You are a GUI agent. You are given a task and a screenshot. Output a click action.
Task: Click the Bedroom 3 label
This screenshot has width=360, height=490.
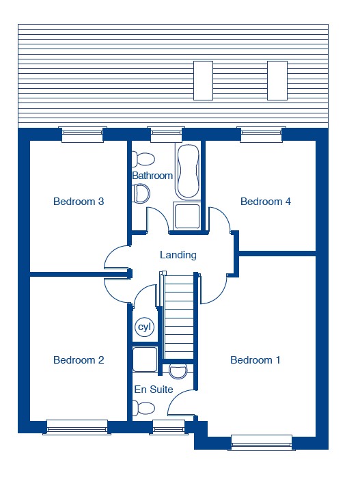pyautogui.click(x=79, y=202)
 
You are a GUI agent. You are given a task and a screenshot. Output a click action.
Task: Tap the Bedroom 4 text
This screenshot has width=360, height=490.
pyautogui.click(x=266, y=202)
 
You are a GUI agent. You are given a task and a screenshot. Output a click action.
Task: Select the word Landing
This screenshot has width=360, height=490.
pyautogui.click(x=178, y=255)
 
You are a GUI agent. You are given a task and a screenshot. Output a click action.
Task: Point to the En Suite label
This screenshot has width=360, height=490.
pyautogui.click(x=154, y=390)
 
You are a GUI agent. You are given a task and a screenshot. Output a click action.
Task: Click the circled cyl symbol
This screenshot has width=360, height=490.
pyautogui.click(x=144, y=327)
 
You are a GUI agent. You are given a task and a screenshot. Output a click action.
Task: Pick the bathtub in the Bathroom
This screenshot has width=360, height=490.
pyautogui.click(x=188, y=172)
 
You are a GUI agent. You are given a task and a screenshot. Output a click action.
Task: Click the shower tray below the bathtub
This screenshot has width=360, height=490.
pyautogui.click(x=187, y=216)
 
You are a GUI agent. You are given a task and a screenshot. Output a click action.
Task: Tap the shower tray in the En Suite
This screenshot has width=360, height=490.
pyautogui.click(x=145, y=359)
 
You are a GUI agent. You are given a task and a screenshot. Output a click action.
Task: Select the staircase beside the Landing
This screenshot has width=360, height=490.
pyautogui.click(x=179, y=317)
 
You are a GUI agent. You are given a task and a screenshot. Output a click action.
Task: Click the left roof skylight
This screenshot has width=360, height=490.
pyautogui.click(x=203, y=81)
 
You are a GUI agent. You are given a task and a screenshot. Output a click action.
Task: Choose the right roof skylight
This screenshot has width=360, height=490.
pyautogui.click(x=277, y=81)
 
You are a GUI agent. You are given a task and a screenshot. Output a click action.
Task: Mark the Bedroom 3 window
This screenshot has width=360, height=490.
pyautogui.click(x=83, y=135)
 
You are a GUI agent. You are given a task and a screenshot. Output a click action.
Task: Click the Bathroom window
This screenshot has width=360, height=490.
pyautogui.click(x=166, y=135)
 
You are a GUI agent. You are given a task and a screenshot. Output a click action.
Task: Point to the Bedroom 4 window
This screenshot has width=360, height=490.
pyautogui.click(x=261, y=135)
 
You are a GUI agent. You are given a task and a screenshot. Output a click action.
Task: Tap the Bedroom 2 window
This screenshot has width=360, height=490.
pyautogui.click(x=77, y=428)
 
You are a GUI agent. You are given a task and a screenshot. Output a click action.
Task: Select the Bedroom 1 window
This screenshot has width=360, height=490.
pyautogui.click(x=262, y=443)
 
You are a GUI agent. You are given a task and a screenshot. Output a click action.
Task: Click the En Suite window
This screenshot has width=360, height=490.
pyautogui.click(x=169, y=428)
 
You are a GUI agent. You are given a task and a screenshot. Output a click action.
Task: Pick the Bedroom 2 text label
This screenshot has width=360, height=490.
pyautogui.click(x=79, y=360)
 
